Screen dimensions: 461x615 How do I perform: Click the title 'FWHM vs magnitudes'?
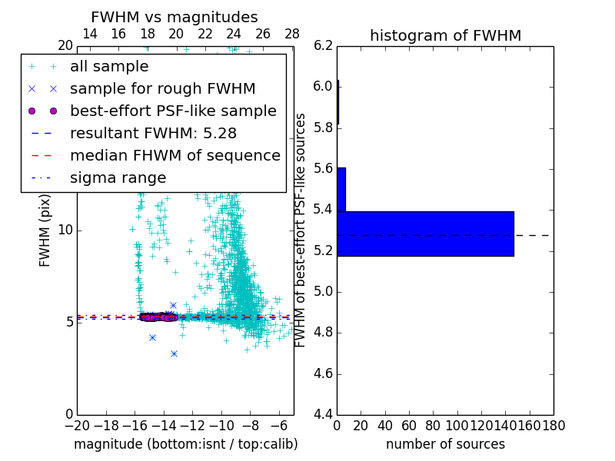(x=175, y=17)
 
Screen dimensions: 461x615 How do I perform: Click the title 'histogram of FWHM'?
(x=445, y=35)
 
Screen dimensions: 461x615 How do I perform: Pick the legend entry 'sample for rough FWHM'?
(x=162, y=89)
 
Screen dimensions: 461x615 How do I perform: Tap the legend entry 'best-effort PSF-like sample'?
(x=173, y=111)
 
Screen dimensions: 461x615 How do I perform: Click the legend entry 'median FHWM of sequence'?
(x=175, y=155)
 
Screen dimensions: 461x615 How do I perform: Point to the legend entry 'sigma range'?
(x=118, y=178)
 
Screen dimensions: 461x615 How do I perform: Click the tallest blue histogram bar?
(x=425, y=234)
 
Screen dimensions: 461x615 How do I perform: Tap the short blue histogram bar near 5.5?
(x=341, y=189)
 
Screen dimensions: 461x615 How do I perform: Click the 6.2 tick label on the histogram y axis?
(x=323, y=45)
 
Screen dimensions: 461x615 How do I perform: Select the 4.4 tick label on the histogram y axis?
(x=323, y=415)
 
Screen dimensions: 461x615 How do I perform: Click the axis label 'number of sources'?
(x=445, y=444)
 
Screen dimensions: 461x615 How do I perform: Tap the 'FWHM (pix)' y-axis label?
(x=45, y=229)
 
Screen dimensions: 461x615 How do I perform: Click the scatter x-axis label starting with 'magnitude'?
(x=185, y=444)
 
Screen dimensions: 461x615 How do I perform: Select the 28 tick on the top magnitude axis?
(x=292, y=34)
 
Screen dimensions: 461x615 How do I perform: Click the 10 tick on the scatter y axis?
(x=65, y=230)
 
